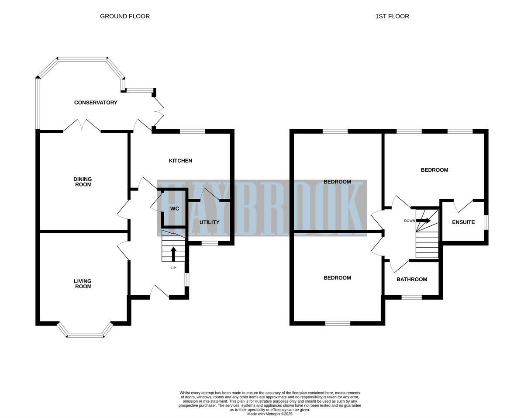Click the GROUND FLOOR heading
click(x=125, y=17)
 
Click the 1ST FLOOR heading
click(x=392, y=17)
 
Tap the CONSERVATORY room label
click(x=96, y=103)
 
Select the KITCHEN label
click(x=180, y=161)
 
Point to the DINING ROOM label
click(x=83, y=182)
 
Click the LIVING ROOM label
click(x=83, y=284)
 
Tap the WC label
click(x=175, y=209)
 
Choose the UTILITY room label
click(x=209, y=222)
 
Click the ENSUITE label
click(x=463, y=222)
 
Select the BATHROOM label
click(x=411, y=280)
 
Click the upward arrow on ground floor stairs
click(x=173, y=254)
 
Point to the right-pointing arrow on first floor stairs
click(x=424, y=221)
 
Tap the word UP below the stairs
click(x=173, y=268)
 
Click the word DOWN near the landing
click(x=409, y=221)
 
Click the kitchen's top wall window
click(x=193, y=131)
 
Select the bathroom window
click(x=411, y=297)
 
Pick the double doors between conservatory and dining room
click(x=82, y=126)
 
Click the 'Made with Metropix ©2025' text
click(x=269, y=414)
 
